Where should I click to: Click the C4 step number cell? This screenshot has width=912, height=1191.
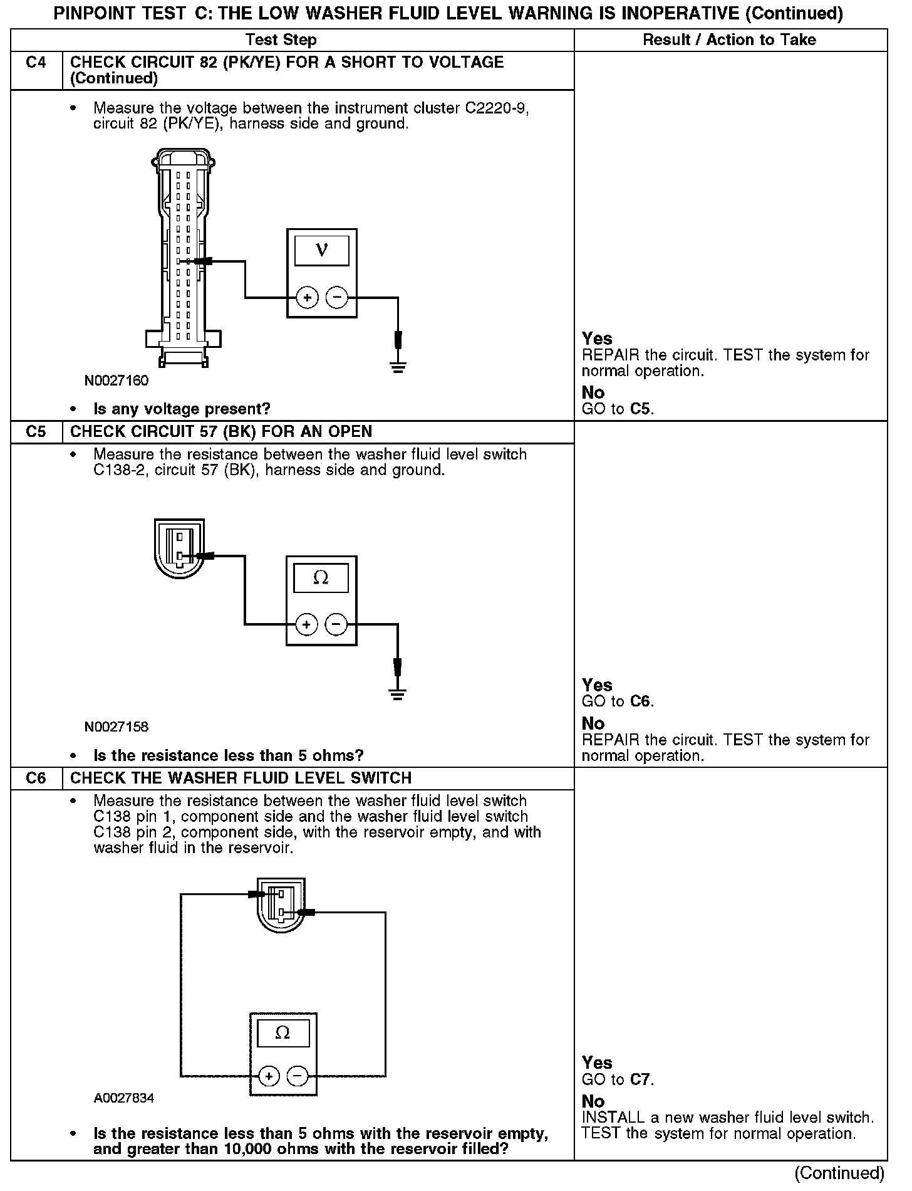click(x=36, y=63)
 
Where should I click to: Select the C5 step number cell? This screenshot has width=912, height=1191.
click(x=36, y=432)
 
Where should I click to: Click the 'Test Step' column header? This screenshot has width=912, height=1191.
click(x=281, y=40)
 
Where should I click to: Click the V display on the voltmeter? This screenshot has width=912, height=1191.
click(x=321, y=250)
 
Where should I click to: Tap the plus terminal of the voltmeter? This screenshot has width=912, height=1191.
click(x=307, y=298)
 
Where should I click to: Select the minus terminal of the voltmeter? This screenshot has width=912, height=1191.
click(x=337, y=297)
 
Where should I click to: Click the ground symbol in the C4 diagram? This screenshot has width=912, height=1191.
click(x=398, y=366)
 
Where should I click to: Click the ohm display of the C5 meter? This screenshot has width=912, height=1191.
click(x=321, y=578)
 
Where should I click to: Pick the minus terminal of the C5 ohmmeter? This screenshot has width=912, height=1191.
click(x=336, y=624)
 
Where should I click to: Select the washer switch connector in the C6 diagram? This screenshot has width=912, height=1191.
click(x=281, y=905)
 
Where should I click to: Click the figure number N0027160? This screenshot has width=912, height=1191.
click(x=117, y=380)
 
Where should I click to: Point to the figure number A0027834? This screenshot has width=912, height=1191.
click(x=124, y=1098)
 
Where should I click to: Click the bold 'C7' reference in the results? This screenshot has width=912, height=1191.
click(x=640, y=1079)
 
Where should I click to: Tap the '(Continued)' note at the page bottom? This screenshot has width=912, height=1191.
click(x=839, y=1172)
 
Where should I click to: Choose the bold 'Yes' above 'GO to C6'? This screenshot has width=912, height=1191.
click(x=597, y=685)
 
